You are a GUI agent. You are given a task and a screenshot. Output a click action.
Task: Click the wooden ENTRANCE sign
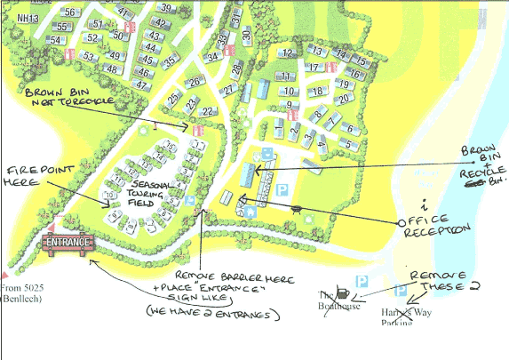click(68, 243)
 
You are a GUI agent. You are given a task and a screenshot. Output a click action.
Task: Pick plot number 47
click(140, 85)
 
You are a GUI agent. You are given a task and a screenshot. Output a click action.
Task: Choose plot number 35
click(169, 61)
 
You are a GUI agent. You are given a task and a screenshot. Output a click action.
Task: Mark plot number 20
click(343, 99)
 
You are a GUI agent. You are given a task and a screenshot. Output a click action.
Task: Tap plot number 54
click(55, 41)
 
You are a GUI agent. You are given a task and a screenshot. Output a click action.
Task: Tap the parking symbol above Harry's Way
click(399, 290)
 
